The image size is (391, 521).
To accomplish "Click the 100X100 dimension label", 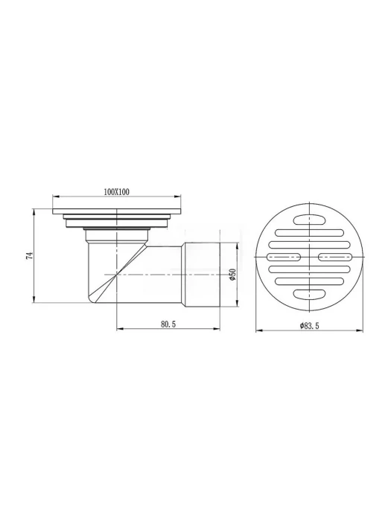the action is point(117,192).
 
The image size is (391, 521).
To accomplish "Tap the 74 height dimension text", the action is point(31,255).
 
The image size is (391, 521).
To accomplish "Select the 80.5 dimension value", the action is point(168,325).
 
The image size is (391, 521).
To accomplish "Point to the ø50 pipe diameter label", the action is point(232,275).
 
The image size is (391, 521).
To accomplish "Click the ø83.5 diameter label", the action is point(309,326).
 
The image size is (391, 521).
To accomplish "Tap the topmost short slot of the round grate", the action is point(310,220).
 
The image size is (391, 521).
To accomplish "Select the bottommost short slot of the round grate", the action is point(310,294).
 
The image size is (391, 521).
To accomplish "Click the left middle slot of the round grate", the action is point(284,257).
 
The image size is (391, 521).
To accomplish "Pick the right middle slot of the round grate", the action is point(335,257).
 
